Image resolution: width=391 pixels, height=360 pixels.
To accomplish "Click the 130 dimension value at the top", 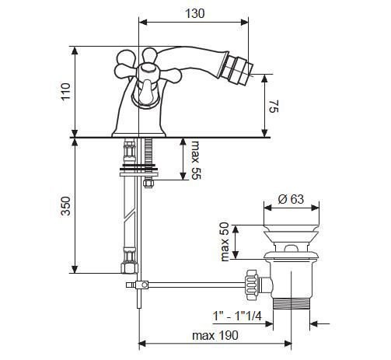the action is (x=195, y=13).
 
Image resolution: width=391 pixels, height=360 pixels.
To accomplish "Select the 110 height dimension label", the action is (x=65, y=91).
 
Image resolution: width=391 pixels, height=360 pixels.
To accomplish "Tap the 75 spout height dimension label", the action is (x=274, y=107).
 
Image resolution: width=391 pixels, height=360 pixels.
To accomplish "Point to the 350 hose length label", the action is (x=65, y=206).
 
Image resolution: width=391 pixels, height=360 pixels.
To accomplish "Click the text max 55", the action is (x=196, y=160).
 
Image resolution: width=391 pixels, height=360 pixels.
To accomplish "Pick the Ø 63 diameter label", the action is (x=291, y=199).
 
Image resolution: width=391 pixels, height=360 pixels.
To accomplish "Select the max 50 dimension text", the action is (x=225, y=242).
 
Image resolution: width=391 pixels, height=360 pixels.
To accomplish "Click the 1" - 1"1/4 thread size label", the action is (x=237, y=316).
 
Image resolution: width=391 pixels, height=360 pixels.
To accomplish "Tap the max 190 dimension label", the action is (x=215, y=336).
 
